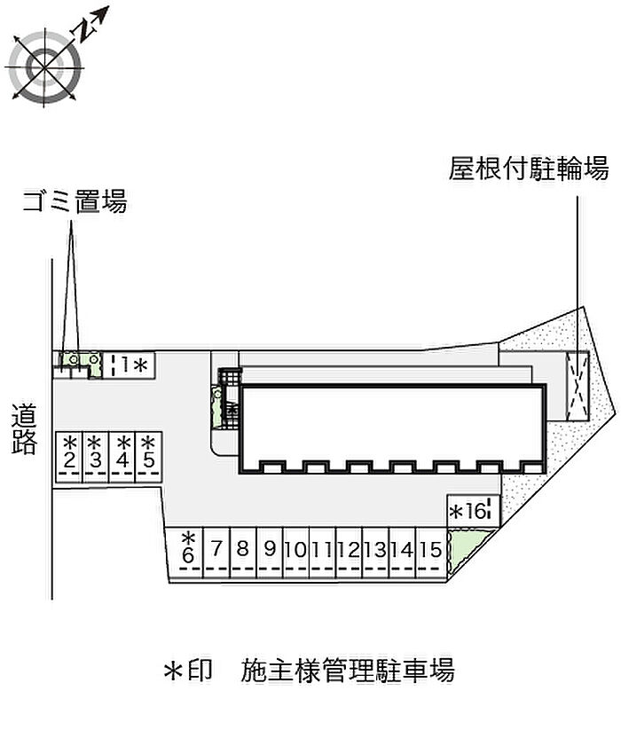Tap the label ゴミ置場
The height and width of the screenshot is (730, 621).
(75, 203)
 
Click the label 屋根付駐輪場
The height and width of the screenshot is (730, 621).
(529, 169)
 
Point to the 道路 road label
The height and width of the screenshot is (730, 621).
(25, 429)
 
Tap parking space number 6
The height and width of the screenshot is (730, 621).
(188, 549)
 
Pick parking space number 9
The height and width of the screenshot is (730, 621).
(270, 550)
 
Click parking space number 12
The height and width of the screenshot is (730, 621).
(349, 550)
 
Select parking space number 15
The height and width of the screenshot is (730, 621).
(431, 550)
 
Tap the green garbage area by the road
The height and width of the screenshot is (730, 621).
(75, 360)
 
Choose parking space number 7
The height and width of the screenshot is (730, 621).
(216, 550)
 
